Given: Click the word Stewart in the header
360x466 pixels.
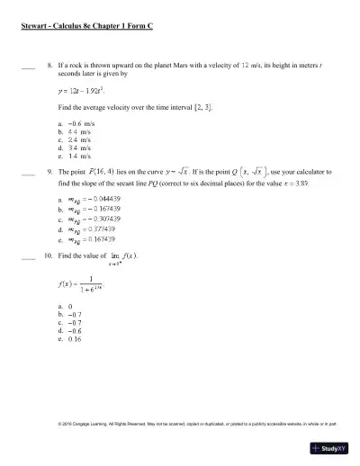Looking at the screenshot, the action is [35, 27].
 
